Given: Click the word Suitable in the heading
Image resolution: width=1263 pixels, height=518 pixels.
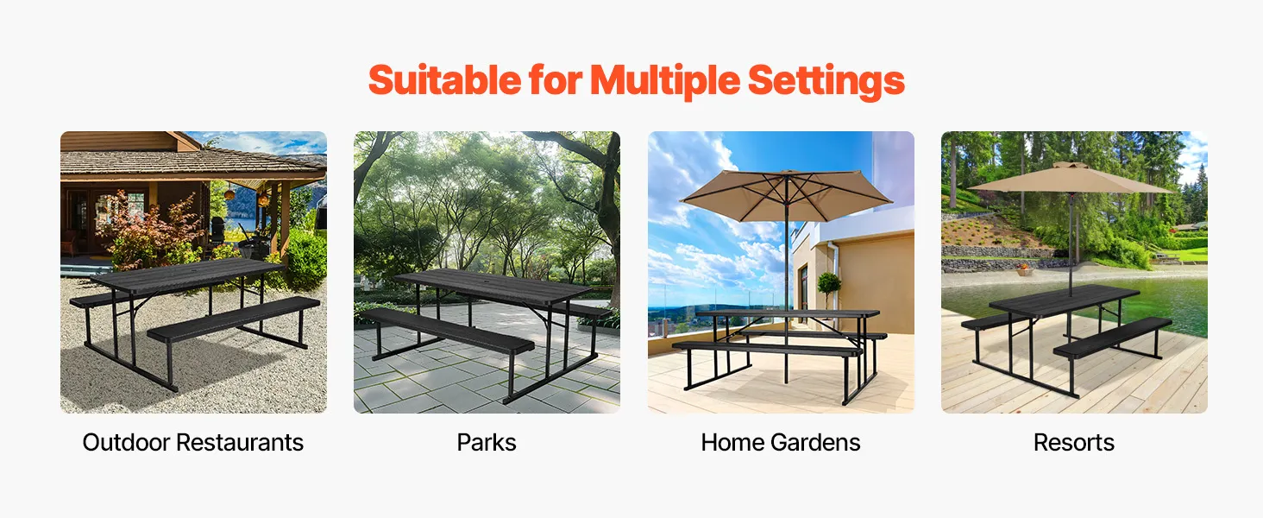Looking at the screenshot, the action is click(444, 80).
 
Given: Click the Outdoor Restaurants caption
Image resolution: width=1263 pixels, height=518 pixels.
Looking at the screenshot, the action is click(193, 442).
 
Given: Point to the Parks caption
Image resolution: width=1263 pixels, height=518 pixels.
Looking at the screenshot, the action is click(487, 442).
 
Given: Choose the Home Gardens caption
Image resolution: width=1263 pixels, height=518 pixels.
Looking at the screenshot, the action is click(781, 442).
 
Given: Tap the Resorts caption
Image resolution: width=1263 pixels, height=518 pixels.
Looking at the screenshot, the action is click(1073, 442).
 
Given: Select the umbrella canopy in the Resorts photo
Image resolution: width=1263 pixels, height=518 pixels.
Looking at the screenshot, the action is click(1070, 179).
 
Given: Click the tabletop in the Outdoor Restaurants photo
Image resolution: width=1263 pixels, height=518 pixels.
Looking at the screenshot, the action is click(187, 275).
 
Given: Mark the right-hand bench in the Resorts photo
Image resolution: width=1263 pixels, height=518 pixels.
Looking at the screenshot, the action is click(1112, 337).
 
